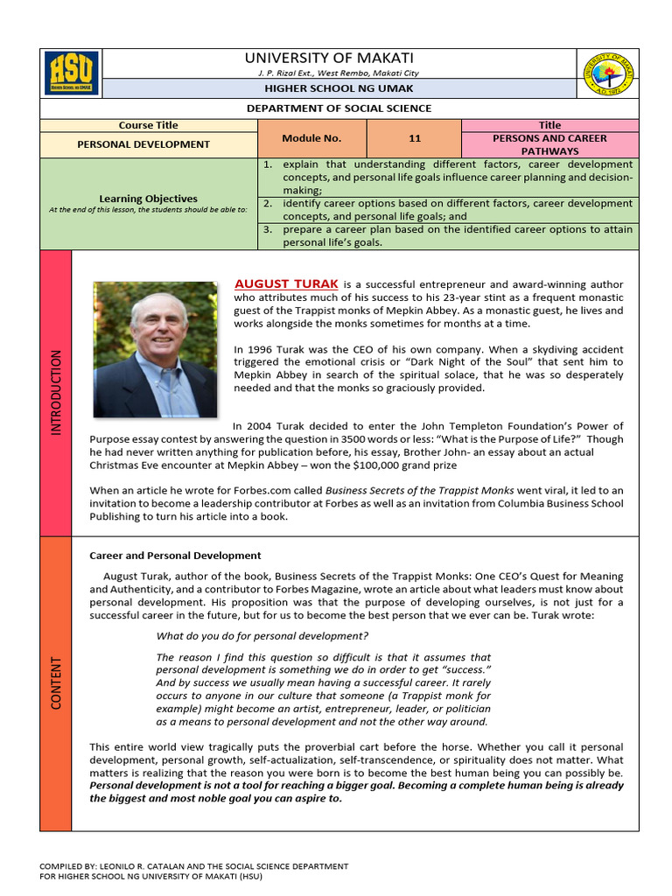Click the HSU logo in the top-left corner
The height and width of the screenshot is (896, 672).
71,73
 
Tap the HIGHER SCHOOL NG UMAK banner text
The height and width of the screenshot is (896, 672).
339,88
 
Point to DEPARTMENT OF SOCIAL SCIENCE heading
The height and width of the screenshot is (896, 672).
339,108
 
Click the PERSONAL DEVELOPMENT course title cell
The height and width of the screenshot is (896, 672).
149,144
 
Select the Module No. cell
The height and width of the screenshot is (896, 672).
311,138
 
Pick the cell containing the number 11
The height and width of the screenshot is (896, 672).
415,138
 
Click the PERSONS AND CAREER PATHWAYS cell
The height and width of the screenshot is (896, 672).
549,144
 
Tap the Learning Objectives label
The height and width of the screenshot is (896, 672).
148,199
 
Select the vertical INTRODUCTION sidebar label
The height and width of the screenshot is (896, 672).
56,393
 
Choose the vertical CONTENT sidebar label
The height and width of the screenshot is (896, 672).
56,682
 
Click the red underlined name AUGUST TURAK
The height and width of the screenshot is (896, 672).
285,283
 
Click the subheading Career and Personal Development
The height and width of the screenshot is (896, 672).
175,556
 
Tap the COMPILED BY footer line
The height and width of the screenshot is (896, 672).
193,866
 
